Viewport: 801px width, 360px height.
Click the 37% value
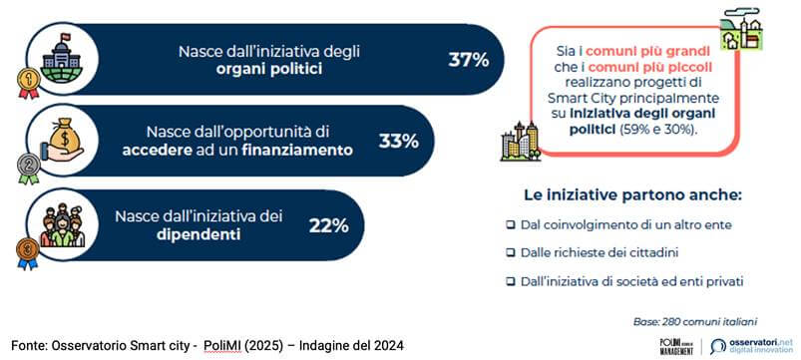click(x=469, y=60)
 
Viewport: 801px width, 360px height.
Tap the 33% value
click(x=398, y=141)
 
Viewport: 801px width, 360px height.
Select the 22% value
click(x=328, y=225)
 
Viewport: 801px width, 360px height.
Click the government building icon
click(x=62, y=58)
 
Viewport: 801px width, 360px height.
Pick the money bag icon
click(x=62, y=141)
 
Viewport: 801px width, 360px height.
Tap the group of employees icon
click(x=62, y=224)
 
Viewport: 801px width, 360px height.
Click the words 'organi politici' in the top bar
click(x=269, y=69)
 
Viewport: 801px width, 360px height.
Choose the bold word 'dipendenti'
click(x=200, y=234)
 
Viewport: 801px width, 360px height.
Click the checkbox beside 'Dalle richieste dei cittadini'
click(x=511, y=252)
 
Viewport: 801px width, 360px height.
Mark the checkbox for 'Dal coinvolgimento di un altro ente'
click(x=511, y=224)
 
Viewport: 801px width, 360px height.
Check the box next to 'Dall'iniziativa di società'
click(x=511, y=281)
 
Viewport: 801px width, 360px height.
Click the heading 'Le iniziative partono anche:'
click(x=632, y=195)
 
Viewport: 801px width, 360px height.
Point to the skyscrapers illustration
click(x=521, y=142)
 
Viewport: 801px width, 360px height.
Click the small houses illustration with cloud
click(x=740, y=29)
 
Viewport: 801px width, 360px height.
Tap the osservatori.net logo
click(x=751, y=346)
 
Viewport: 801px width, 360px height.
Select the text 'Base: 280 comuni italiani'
click(x=694, y=322)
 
